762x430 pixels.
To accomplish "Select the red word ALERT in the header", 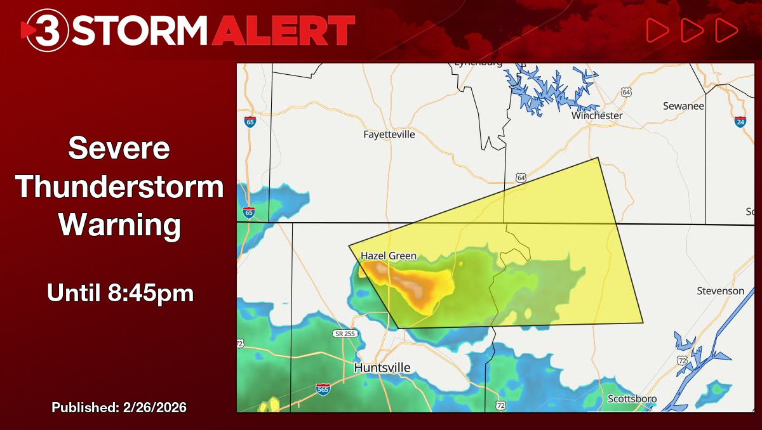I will pos(283,30).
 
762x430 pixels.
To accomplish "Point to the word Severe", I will pos(119,148).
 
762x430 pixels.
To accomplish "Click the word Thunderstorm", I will pos(119,187).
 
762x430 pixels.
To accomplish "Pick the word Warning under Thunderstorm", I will pos(119,225).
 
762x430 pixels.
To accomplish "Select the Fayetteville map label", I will pos(389,134).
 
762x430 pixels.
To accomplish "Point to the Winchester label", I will pos(597,115).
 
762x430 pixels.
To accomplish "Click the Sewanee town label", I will pos(683,106).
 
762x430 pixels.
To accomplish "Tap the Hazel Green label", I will pos(389,256).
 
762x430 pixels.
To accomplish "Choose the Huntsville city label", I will pos(382,368).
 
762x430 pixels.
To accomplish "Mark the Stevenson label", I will pos(720,290).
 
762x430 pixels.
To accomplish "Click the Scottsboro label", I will pos(632,399).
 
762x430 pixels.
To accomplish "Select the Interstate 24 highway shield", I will pos(740,121).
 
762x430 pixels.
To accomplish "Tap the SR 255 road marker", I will pos(343,334).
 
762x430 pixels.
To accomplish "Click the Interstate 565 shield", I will pos(323,389).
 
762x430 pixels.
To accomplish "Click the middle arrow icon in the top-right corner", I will pos(692,30).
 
